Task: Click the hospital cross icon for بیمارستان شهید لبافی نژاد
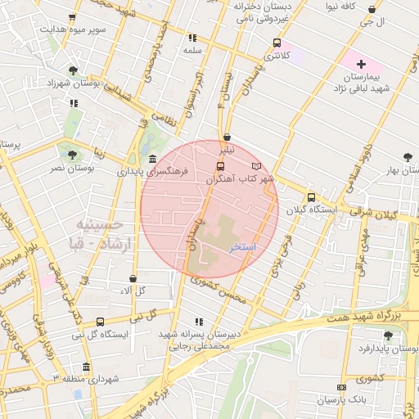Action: (x=361, y=63)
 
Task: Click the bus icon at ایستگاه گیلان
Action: (x=310, y=197)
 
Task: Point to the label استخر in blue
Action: (x=244, y=246)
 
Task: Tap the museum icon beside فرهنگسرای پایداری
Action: (x=155, y=159)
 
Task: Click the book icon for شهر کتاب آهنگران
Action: (x=257, y=166)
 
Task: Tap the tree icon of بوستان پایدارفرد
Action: (x=388, y=336)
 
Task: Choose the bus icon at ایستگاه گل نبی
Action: (x=100, y=322)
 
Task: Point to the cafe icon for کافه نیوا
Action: (x=372, y=10)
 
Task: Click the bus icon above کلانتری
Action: (x=277, y=43)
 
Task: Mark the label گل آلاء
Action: (x=133, y=291)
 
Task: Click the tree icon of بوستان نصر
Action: (x=74, y=154)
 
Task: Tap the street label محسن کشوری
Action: (x=218, y=291)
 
